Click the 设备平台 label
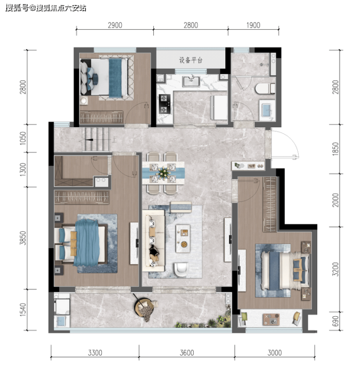coord(191,60)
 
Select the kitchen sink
coord(191,82)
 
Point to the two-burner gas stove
coord(164,104)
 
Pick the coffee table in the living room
coord(183,238)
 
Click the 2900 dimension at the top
coord(115,25)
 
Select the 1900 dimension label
coord(253,25)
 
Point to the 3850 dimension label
coord(23,238)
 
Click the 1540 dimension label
coord(23,310)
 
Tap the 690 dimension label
coord(335,321)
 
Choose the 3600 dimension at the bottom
coord(187,353)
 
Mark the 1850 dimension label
coord(335,149)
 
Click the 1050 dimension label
coord(23,138)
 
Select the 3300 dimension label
coord(95,353)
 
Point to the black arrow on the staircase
coord(90,140)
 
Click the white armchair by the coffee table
coord(181,270)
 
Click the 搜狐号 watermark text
coord(17,8)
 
